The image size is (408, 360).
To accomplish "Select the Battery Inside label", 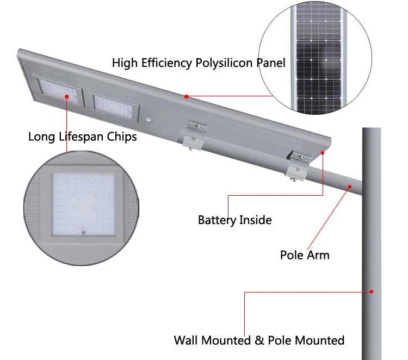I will [234, 220].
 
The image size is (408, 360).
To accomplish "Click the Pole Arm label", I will [305, 255].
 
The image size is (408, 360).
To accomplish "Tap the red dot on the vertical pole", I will [372, 291].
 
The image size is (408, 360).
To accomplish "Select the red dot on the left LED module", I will [67, 97].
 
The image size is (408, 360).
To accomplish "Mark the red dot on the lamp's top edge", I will [186, 97].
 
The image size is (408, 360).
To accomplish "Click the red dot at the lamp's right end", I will [323, 153].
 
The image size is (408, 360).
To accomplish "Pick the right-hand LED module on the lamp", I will [114, 102].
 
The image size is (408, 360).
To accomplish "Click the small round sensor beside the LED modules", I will [148, 117].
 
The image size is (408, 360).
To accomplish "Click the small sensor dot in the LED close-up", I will [84, 232].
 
